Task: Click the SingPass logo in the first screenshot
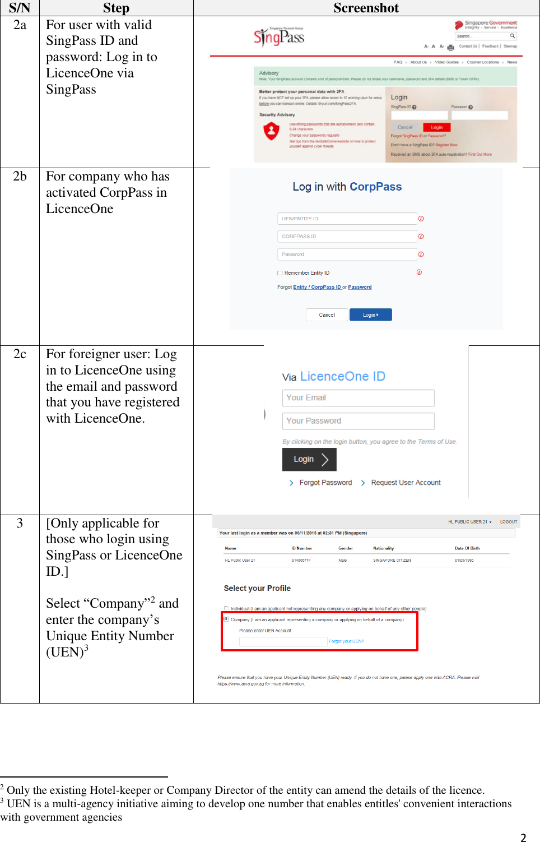279,37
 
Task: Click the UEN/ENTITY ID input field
347,219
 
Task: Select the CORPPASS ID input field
347,237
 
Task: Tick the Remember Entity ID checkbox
280,273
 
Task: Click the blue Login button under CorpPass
370,315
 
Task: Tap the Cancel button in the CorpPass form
327,315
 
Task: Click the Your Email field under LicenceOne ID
358,398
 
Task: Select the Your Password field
358,421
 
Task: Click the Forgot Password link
325,483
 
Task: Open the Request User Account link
406,483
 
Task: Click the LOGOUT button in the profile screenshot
509,522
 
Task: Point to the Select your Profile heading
257,588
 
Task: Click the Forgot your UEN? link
346,641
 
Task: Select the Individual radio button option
226,608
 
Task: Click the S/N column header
20,8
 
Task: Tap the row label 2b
20,176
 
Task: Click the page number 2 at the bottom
523,838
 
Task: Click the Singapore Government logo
486,25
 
